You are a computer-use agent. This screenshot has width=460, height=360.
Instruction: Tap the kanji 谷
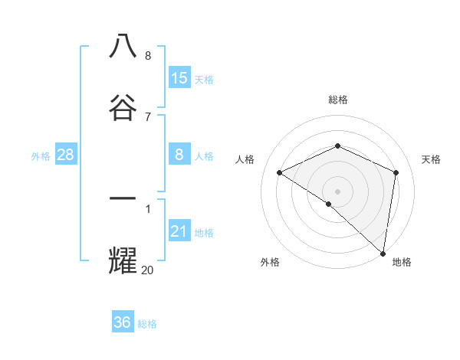tap(123, 108)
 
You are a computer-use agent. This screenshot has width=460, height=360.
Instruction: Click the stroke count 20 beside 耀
tap(147, 269)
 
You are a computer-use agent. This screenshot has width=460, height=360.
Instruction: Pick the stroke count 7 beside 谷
tap(147, 116)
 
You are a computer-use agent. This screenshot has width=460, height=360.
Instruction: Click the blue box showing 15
tap(179, 78)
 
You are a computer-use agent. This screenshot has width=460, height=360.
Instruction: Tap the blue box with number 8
tap(179, 155)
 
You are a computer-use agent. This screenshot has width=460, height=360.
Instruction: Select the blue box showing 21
tap(179, 231)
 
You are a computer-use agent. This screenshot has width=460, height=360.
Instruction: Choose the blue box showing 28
tap(66, 155)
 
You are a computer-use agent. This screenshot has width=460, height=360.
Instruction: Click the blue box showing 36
tap(123, 322)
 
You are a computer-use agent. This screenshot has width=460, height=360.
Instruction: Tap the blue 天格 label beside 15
tap(204, 80)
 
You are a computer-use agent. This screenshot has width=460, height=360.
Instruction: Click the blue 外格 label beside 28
tap(41, 156)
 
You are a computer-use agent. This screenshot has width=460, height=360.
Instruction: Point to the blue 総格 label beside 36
tap(147, 324)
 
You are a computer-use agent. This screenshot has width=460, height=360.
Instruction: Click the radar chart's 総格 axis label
tap(338, 100)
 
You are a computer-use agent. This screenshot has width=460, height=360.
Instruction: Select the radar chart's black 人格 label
tap(245, 159)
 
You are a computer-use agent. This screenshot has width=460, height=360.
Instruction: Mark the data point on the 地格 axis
tap(383, 253)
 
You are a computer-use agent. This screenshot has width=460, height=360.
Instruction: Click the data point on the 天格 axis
tap(396, 172)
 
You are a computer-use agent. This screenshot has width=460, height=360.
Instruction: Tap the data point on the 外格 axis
tap(328, 205)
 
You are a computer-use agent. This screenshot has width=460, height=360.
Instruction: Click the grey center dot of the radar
tap(338, 191)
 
